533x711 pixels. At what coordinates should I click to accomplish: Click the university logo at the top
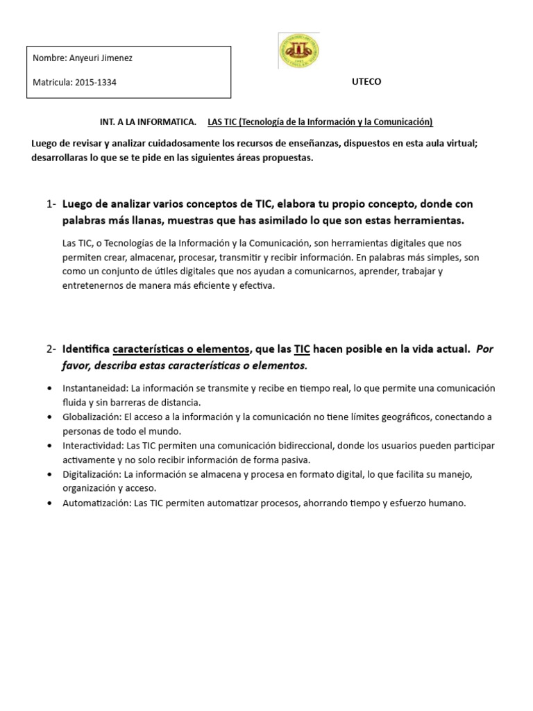(298, 51)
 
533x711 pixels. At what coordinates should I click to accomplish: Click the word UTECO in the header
(366, 82)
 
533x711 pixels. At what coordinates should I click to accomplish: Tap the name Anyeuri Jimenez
(101, 58)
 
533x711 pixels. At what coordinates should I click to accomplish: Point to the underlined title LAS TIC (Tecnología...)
(320, 122)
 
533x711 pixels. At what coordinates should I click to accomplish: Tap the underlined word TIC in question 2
(302, 349)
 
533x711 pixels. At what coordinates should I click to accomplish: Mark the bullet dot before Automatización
(49, 504)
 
